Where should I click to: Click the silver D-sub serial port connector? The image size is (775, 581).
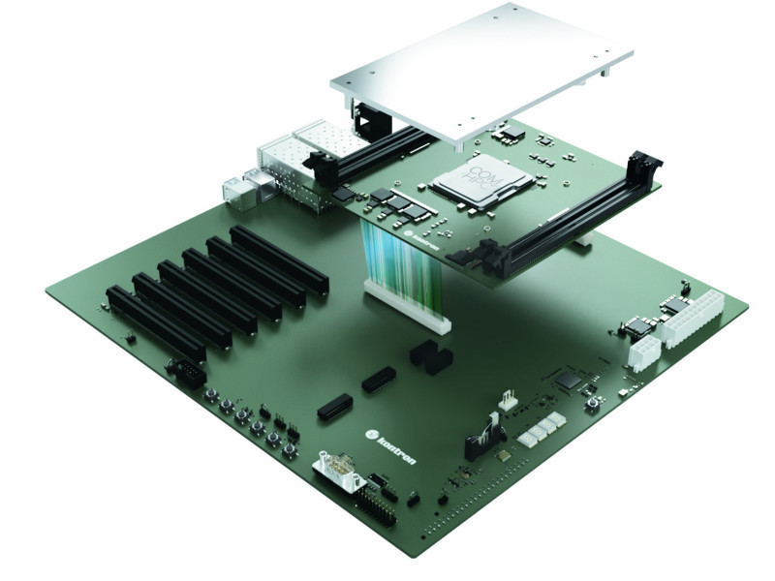(x=339, y=474)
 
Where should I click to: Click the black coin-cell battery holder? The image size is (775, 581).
(x=431, y=357)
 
